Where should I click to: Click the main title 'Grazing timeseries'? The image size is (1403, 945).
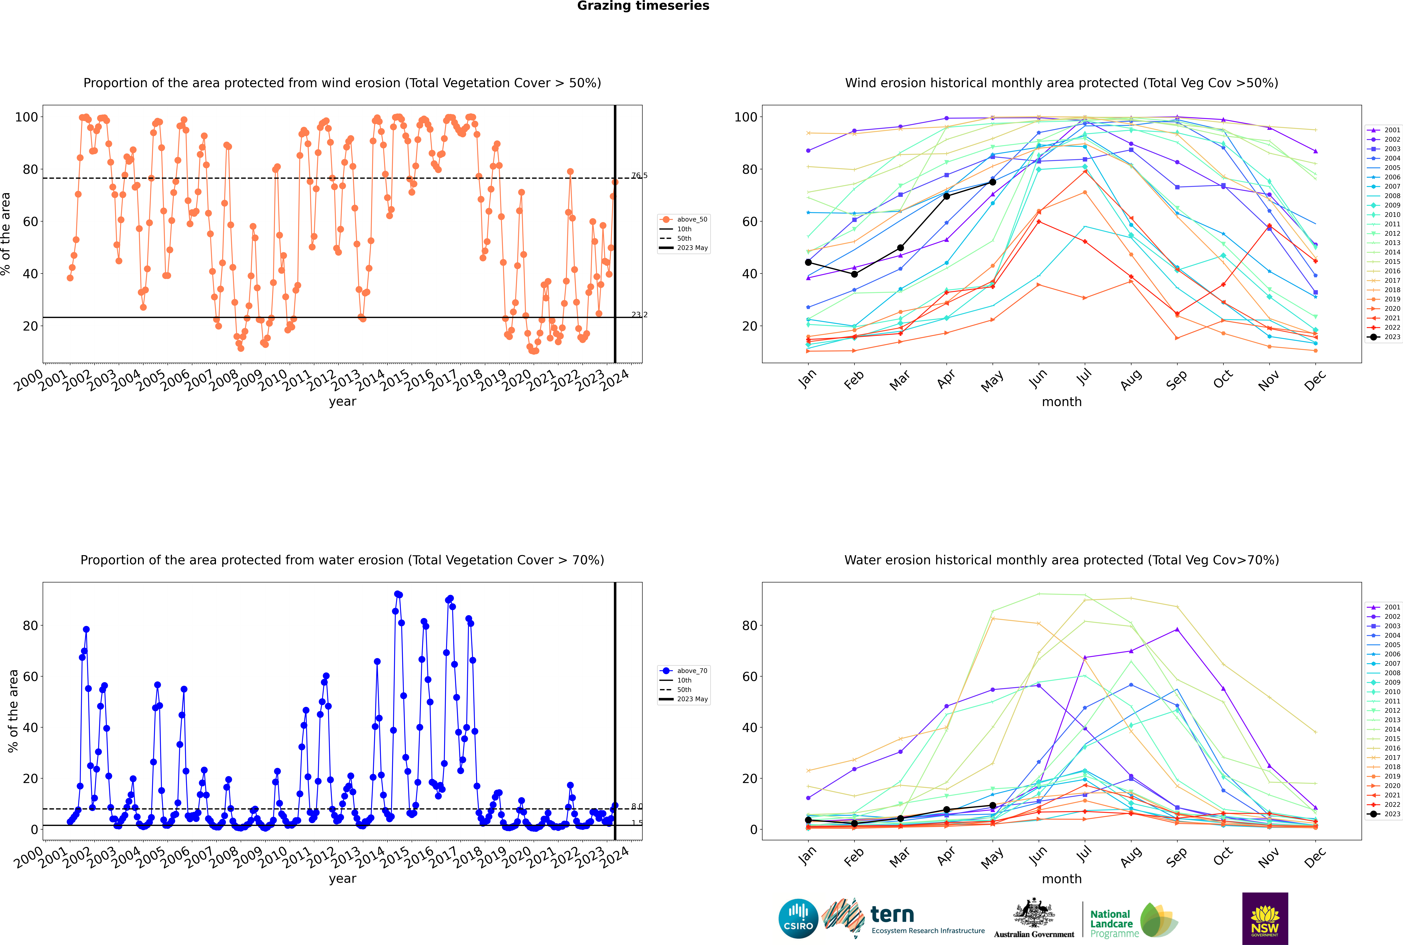coord(643,6)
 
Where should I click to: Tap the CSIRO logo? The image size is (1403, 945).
coord(798,919)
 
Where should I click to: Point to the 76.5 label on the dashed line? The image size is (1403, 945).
coord(639,175)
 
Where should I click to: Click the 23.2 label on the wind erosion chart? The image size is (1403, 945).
coord(639,315)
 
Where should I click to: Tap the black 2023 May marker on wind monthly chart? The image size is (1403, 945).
coord(992,182)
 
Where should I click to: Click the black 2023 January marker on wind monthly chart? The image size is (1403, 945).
coord(808,262)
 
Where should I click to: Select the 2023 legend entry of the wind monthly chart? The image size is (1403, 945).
coord(1384,337)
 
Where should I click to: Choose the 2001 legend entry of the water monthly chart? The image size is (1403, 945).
coord(1384,607)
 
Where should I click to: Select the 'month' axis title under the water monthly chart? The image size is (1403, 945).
coord(1062,879)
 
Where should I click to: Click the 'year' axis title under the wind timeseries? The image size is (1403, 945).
coord(343,401)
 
